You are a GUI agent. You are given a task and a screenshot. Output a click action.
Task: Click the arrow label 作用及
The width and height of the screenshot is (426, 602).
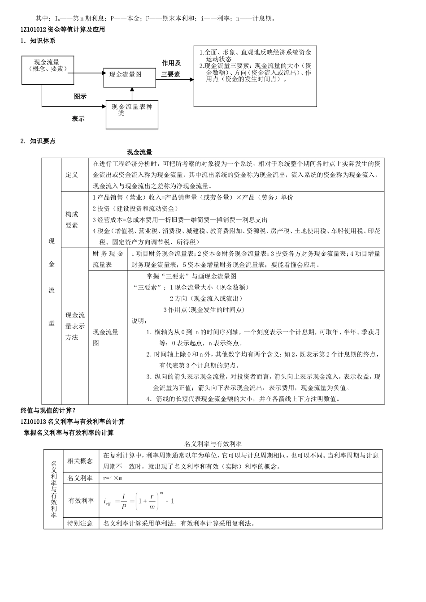[x=171, y=63]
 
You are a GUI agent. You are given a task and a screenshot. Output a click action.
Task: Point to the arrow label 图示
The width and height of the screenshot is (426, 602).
[x=80, y=96]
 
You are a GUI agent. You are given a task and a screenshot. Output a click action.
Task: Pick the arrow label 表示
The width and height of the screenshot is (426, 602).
[x=78, y=119]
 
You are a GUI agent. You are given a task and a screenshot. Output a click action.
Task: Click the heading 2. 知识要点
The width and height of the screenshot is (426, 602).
[x=38, y=141]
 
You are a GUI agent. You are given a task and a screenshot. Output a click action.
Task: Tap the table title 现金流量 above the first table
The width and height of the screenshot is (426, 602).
[x=139, y=152]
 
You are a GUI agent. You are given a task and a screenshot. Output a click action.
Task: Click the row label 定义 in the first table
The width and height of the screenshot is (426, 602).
[x=72, y=175]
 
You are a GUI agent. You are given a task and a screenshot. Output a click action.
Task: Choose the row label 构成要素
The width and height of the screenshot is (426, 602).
[x=72, y=219]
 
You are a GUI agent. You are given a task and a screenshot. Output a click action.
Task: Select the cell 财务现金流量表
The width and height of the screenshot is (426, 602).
[x=108, y=259]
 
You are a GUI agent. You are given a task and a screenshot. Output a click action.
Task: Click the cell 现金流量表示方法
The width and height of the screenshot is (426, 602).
[x=75, y=326]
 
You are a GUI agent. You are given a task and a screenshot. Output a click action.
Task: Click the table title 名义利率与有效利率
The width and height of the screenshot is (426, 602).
[x=213, y=444]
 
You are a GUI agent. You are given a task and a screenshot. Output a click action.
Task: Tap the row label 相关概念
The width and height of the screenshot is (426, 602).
[x=80, y=460]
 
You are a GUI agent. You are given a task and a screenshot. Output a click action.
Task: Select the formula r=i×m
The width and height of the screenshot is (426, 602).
[x=113, y=478]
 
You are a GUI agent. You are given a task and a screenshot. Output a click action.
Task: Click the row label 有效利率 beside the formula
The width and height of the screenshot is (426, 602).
[x=81, y=501]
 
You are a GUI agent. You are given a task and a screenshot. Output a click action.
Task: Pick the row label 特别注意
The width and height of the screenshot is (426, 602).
[x=80, y=523]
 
